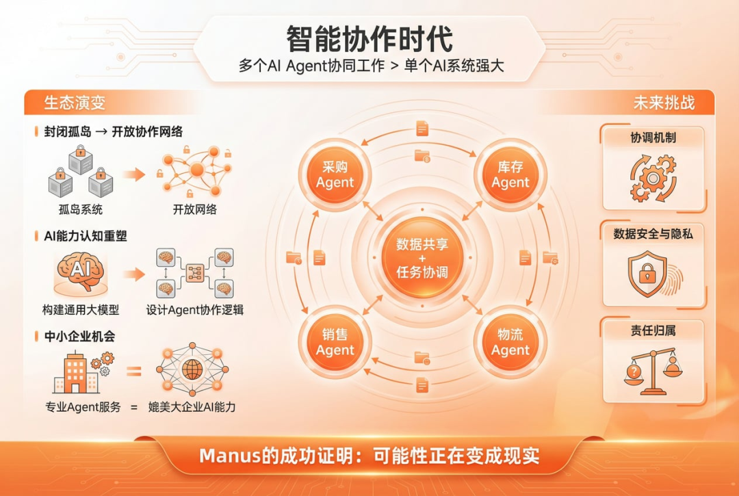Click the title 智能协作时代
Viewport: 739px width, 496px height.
click(369, 39)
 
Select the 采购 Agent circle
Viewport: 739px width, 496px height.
click(335, 174)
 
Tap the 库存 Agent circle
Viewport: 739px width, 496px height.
click(510, 174)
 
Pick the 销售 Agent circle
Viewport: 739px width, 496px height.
click(335, 341)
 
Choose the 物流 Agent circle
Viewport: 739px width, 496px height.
click(510, 341)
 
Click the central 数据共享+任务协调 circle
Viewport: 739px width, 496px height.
click(422, 258)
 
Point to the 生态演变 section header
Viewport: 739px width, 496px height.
click(75, 103)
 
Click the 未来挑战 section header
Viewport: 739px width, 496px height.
click(664, 103)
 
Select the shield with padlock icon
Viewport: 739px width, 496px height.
click(647, 274)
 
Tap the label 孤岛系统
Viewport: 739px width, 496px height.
click(80, 210)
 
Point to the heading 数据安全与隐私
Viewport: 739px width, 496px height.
click(653, 234)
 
